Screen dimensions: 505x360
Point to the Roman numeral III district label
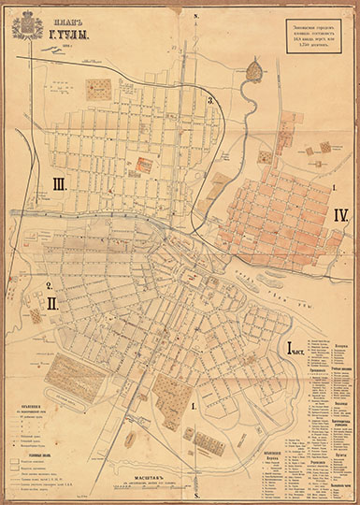pos(59,184)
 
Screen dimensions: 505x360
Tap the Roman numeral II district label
pos(53,303)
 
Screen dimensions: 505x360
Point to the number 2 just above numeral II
pos(48,285)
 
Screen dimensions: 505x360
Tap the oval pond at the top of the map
pos(254,67)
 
